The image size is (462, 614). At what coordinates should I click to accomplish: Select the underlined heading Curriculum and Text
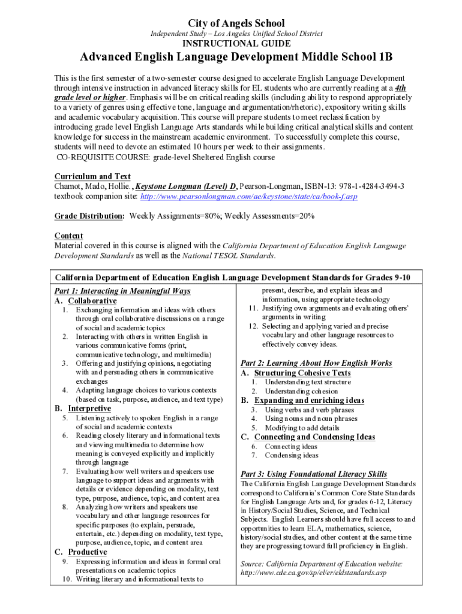tap(92, 176)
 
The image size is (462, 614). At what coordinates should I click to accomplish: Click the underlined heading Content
tap(69, 236)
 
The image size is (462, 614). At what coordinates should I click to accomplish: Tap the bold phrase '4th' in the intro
tap(397, 88)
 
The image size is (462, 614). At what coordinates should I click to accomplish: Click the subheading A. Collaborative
tap(86, 300)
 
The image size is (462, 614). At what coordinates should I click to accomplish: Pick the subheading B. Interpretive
tap(83, 408)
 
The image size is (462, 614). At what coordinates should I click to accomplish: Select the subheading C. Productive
tap(81, 552)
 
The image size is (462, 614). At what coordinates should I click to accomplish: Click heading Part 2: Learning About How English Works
tap(316, 363)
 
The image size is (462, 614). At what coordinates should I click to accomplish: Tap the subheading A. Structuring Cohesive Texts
tap(296, 373)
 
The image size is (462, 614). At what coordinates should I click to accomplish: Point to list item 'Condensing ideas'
tap(292, 456)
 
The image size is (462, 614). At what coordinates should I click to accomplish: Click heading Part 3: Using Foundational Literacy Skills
tap(314, 474)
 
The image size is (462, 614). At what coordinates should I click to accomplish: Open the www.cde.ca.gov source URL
tap(313, 573)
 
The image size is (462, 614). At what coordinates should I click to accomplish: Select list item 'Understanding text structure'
tap(308, 382)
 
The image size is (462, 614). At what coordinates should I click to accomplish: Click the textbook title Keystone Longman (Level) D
tap(191, 186)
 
